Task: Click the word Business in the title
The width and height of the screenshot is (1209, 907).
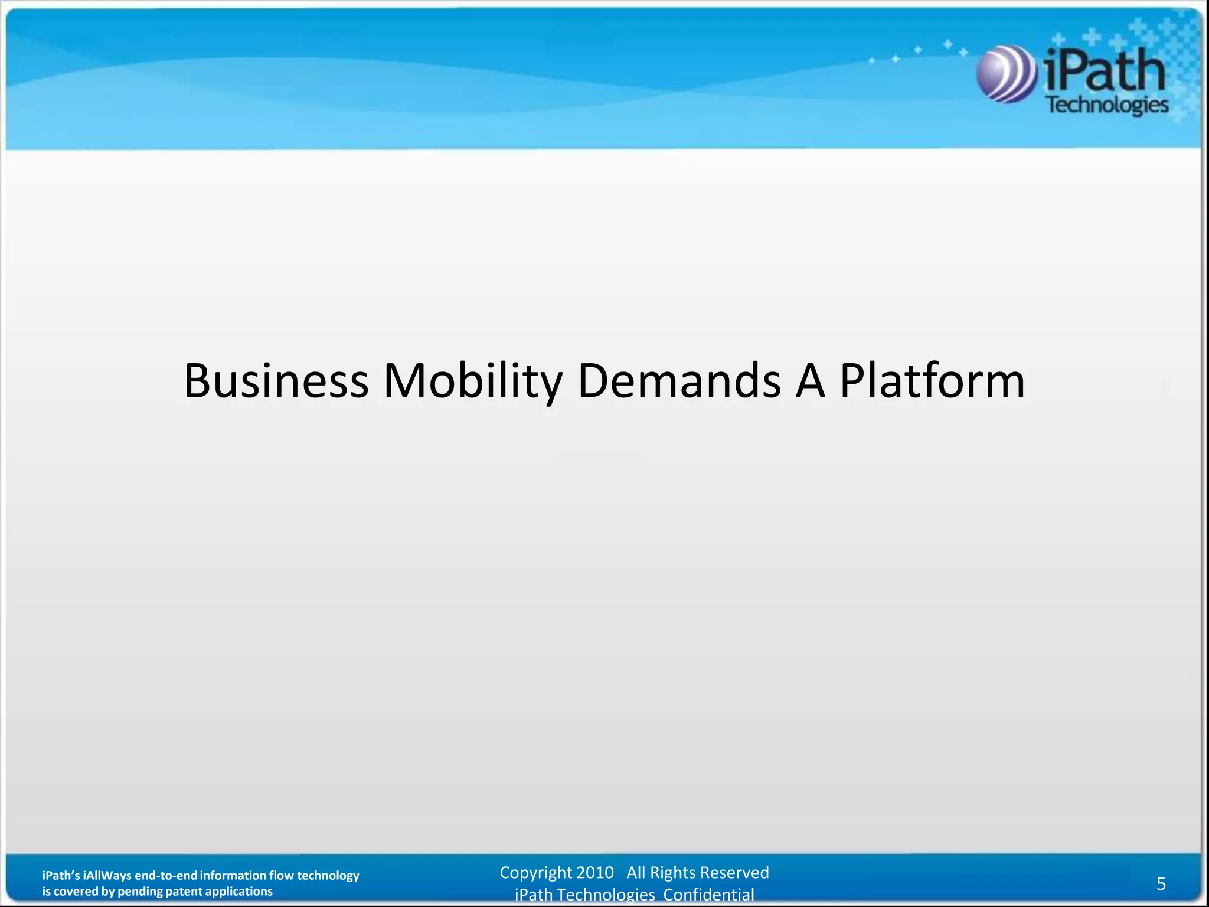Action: pos(276,381)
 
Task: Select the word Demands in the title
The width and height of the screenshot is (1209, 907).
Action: pos(679,381)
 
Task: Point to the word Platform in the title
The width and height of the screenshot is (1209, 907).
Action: pos(932,381)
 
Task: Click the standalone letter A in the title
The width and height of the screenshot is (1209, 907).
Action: pos(810,381)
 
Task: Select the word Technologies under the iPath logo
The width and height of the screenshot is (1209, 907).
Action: pos(1107,105)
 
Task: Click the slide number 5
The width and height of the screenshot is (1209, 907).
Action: pos(1161,883)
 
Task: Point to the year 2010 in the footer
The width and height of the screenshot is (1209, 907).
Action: pos(595,872)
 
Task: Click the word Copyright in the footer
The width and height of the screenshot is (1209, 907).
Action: pos(535,872)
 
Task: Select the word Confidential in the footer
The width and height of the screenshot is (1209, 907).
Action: pos(708,895)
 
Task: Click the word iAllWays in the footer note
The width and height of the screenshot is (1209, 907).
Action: pos(107,876)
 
